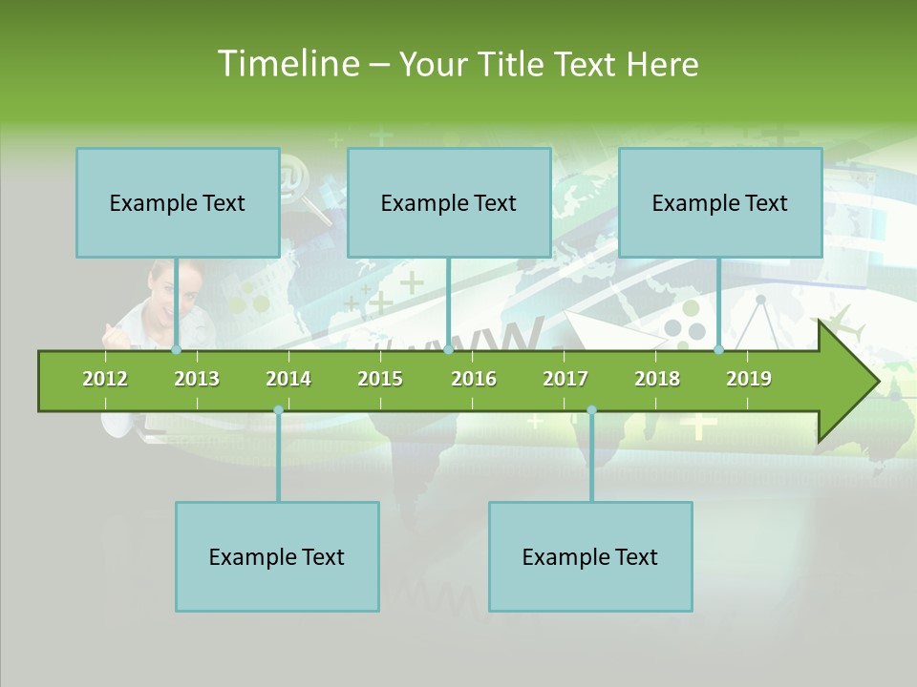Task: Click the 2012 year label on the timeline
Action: pyautogui.click(x=105, y=379)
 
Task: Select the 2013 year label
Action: pyautogui.click(x=197, y=379)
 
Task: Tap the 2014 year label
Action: pyautogui.click(x=288, y=379)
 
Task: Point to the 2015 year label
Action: pyautogui.click(x=380, y=379)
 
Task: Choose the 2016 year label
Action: pyautogui.click(x=474, y=379)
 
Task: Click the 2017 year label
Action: pyautogui.click(x=565, y=379)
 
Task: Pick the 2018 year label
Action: pyautogui.click(x=657, y=379)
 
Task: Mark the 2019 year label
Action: pyautogui.click(x=749, y=379)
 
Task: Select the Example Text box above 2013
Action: pyautogui.click(x=178, y=202)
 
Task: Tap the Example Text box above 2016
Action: pyautogui.click(x=449, y=202)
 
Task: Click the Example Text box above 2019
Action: pyautogui.click(x=720, y=202)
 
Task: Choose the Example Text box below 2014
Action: pyautogui.click(x=277, y=556)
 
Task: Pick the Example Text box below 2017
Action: pyautogui.click(x=590, y=556)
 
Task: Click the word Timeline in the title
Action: pyautogui.click(x=286, y=64)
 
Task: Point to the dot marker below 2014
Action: pyautogui.click(x=278, y=409)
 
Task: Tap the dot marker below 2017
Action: pyautogui.click(x=591, y=409)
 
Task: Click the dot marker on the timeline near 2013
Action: pyautogui.click(x=177, y=350)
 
